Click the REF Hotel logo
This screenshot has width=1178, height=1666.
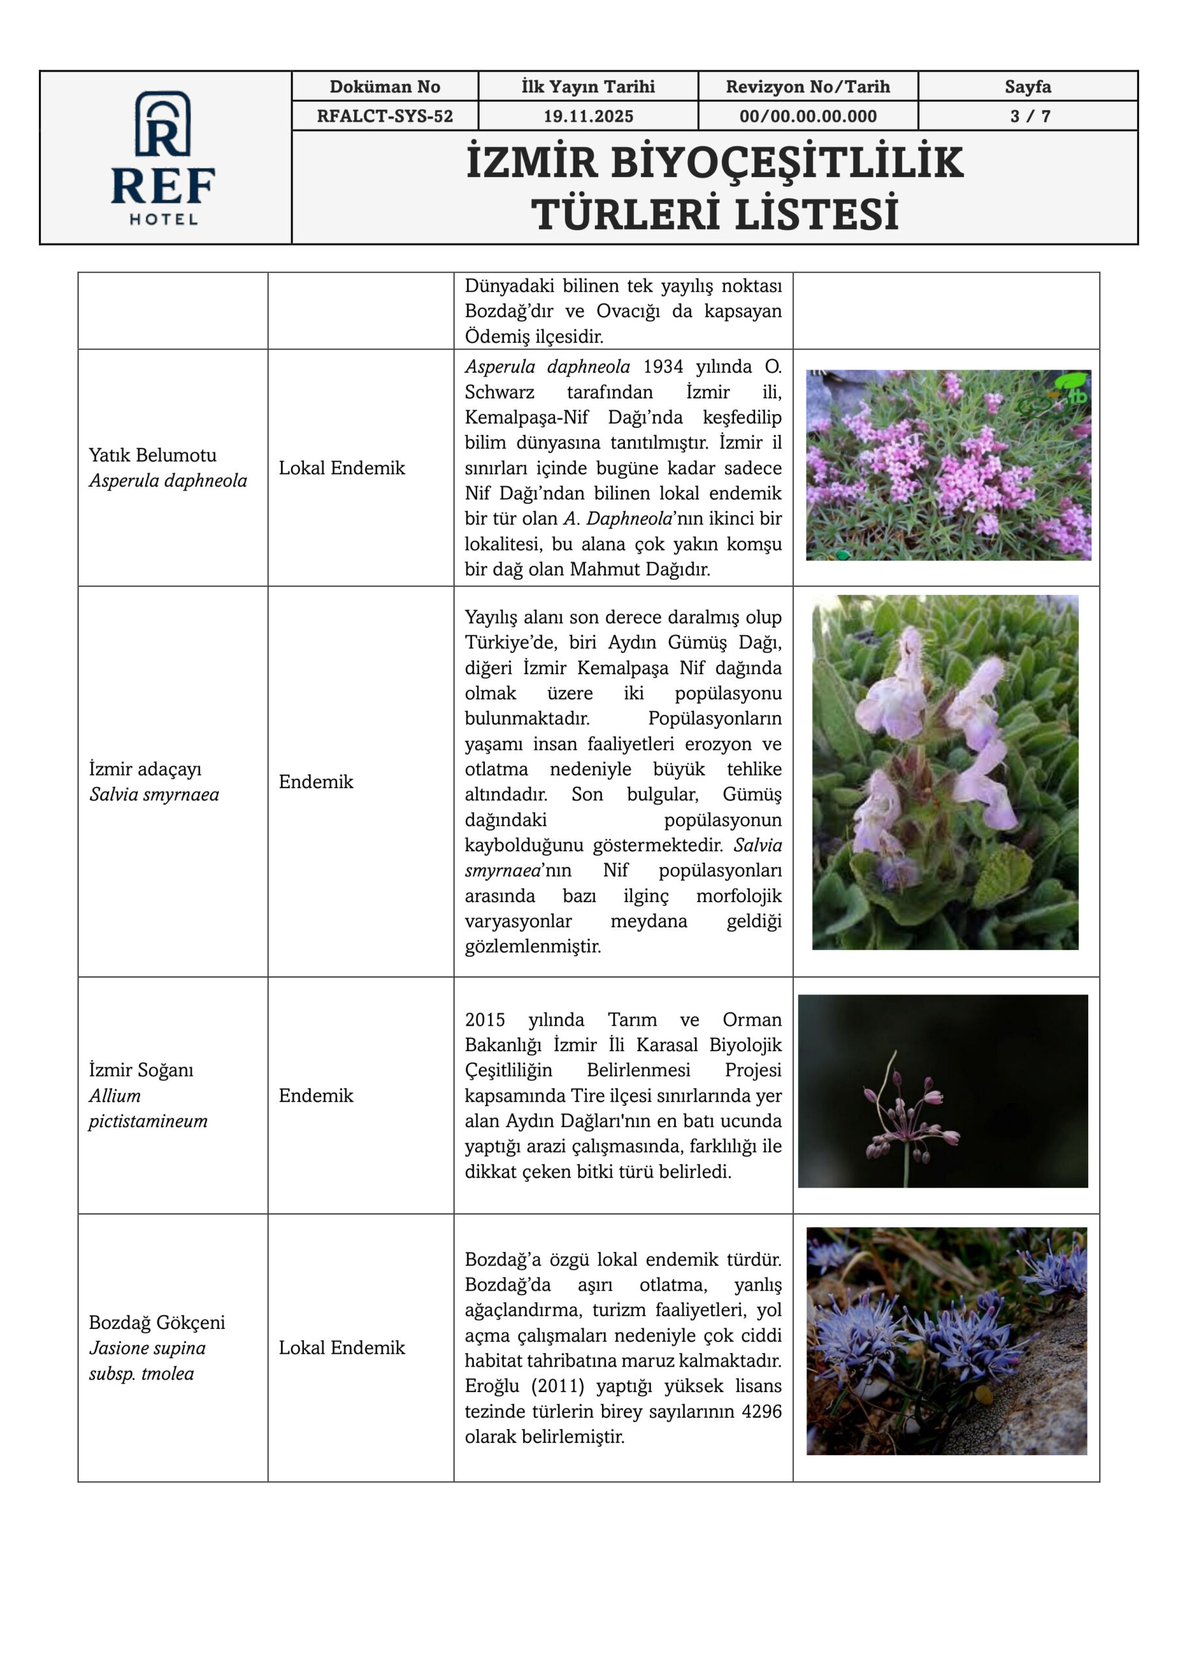pyautogui.click(x=163, y=157)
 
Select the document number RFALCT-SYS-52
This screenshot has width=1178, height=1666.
pyautogui.click(x=385, y=116)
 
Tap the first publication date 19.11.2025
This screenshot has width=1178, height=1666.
pyautogui.click(x=588, y=116)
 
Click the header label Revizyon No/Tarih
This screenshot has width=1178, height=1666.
pyautogui.click(x=807, y=87)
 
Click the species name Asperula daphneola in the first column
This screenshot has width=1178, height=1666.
pyautogui.click(x=168, y=480)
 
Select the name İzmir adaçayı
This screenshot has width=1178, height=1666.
pyautogui.click(x=145, y=769)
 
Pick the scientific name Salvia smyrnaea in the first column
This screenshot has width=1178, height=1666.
pyautogui.click(x=154, y=794)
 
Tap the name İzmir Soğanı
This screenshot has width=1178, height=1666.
pyautogui.click(x=141, y=1069)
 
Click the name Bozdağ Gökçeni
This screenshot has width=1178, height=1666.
pyautogui.click(x=157, y=1322)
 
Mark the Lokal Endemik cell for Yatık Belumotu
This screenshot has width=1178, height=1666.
pyautogui.click(x=342, y=468)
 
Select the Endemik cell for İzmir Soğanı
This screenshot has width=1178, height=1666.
pyautogui.click(x=316, y=1095)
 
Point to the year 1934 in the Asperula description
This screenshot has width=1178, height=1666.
pyautogui.click(x=663, y=366)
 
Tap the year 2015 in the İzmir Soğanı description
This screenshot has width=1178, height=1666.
pyautogui.click(x=485, y=1020)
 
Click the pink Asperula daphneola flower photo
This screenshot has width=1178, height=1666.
pyautogui.click(x=948, y=465)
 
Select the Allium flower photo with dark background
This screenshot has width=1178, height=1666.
pyautogui.click(x=942, y=1091)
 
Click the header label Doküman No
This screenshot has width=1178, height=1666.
pyautogui.click(x=385, y=87)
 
